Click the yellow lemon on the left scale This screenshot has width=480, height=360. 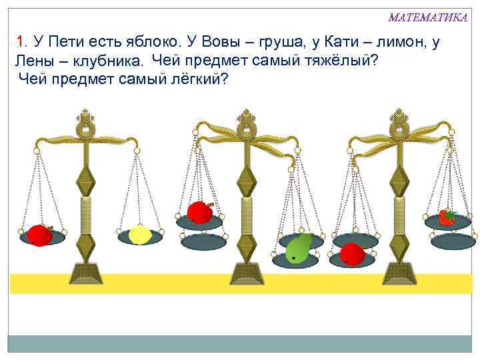coord(141,234)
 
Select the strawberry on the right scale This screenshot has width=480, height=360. coord(446,217)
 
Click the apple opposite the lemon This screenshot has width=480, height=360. coord(39,235)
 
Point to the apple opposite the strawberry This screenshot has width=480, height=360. coord(351,254)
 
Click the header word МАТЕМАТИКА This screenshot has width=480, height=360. coord(427,17)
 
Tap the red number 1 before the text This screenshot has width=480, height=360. coord(21,43)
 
